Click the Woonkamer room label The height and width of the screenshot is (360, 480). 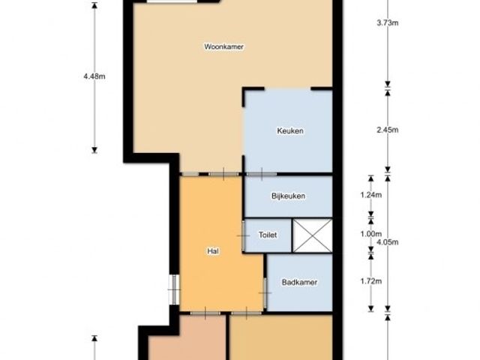223,46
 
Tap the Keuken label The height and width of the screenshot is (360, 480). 290,130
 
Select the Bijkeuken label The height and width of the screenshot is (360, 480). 288,196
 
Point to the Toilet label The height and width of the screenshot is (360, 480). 268,235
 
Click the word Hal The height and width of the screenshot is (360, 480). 213,251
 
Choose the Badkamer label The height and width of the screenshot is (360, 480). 299,282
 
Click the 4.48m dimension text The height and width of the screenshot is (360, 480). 94,76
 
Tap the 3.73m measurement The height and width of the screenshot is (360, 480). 388,22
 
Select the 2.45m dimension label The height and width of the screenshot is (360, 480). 388,130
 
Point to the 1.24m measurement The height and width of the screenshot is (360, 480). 371,195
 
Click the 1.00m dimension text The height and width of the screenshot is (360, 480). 371,234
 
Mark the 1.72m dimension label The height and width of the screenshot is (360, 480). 371,280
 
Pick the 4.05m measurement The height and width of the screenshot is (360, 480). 388,242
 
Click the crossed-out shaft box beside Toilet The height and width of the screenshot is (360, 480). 313,235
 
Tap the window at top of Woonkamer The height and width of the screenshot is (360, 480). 172,1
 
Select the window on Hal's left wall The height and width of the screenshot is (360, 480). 174,289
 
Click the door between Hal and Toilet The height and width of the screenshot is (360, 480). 243,235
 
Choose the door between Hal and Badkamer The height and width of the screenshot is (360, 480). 265,293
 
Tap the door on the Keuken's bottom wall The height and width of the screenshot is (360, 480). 262,174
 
